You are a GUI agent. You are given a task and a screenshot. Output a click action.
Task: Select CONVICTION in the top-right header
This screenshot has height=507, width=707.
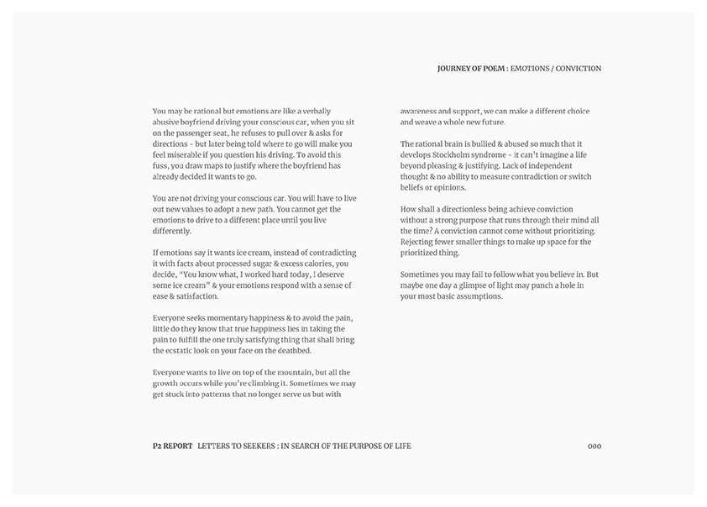tap(579, 69)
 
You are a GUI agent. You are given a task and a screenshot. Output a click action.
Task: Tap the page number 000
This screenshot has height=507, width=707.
tap(594, 446)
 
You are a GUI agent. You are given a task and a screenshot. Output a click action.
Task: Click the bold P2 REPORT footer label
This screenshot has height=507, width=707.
tap(167, 446)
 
